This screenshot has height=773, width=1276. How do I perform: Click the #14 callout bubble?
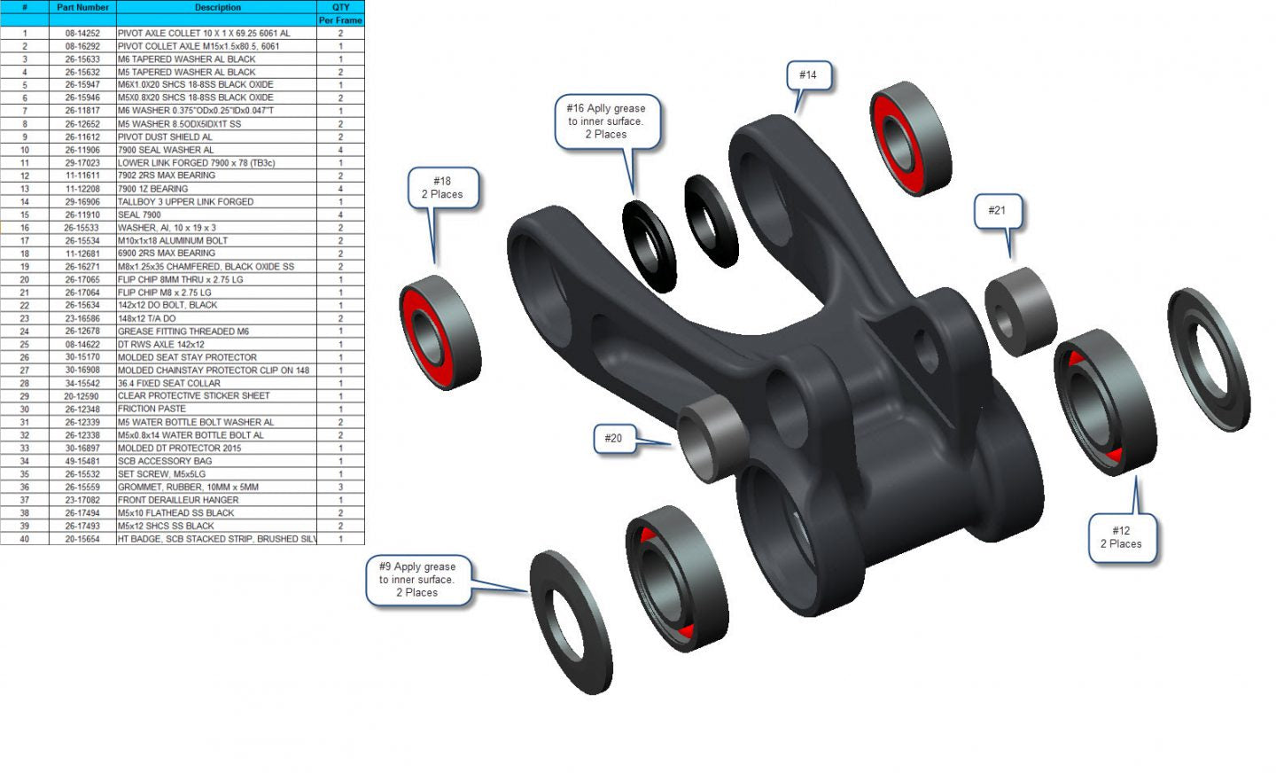(x=808, y=75)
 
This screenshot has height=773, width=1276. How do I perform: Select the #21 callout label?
(x=998, y=211)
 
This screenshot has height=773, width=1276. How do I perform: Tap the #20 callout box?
(x=614, y=439)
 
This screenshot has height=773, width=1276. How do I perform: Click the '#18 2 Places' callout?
(x=443, y=188)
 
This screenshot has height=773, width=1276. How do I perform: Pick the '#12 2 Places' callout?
(x=1122, y=537)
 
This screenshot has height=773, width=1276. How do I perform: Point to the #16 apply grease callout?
(x=607, y=121)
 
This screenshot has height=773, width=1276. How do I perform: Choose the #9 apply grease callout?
(x=418, y=580)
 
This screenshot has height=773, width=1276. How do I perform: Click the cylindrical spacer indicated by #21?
(x=1020, y=311)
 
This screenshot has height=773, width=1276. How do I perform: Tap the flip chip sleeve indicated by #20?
(x=712, y=439)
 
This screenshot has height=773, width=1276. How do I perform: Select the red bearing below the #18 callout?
(x=440, y=332)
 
